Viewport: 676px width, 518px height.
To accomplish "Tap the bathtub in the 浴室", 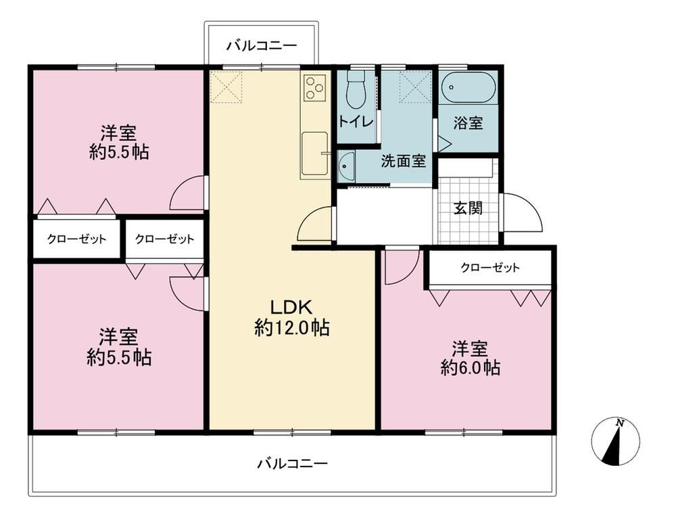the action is click(468, 87).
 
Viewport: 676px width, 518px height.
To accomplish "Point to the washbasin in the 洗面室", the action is click(346, 166).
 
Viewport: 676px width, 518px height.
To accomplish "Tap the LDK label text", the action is click(291, 308).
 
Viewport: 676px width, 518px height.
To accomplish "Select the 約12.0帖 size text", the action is click(292, 328).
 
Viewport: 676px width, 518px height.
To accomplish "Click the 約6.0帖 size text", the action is click(470, 368).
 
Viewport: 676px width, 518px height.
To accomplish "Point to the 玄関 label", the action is click(468, 208).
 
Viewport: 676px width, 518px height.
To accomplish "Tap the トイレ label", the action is click(356, 121).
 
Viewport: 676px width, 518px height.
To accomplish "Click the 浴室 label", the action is click(468, 123).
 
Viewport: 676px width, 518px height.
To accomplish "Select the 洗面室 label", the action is click(403, 161).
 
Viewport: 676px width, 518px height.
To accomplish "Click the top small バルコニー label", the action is click(262, 45).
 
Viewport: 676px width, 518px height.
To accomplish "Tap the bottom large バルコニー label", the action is click(292, 464).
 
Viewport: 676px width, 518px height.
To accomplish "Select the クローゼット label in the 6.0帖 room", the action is click(490, 268).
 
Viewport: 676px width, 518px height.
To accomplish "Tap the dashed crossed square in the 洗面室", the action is click(415, 87).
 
